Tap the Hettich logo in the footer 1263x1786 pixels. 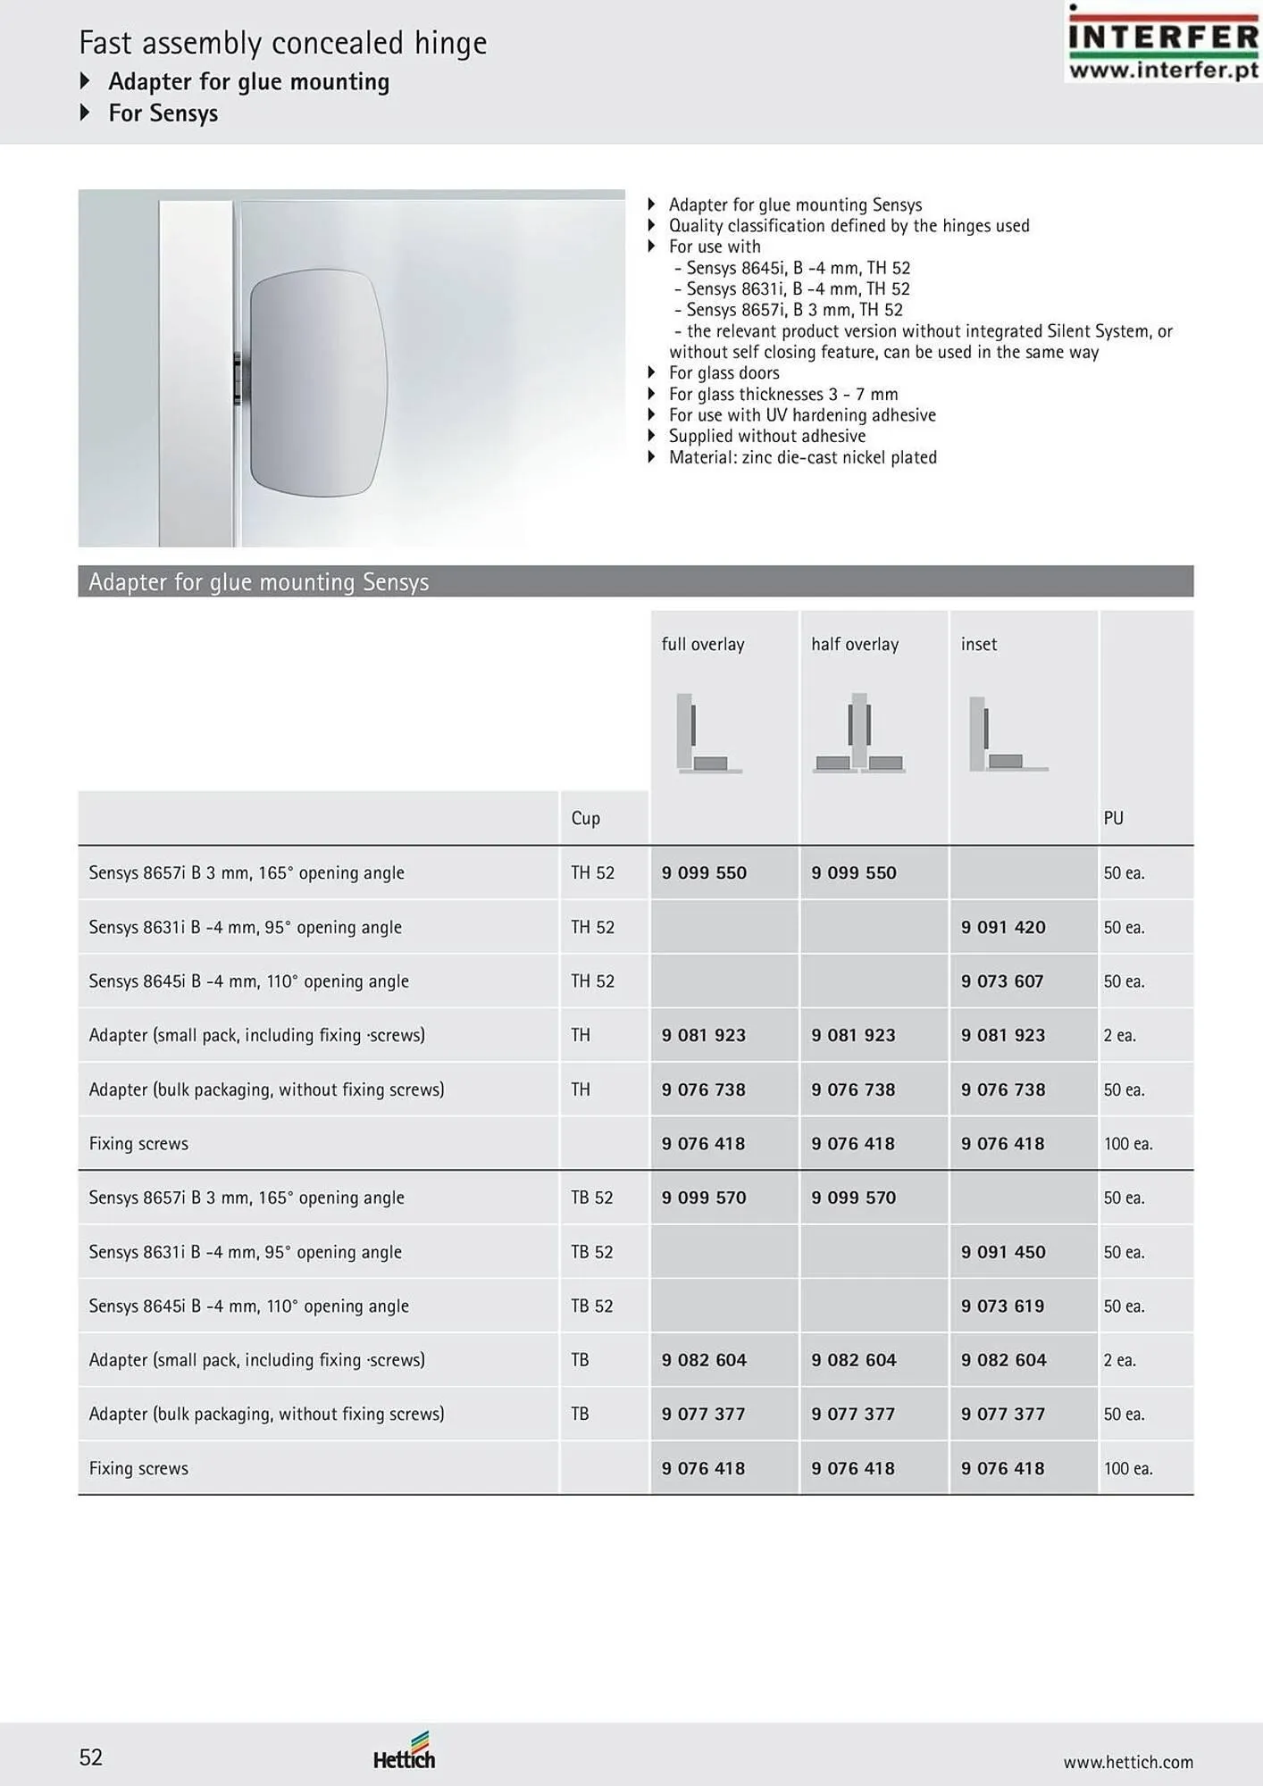coord(404,1752)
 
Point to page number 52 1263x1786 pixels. coord(91,1757)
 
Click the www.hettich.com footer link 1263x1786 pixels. coord(1127,1762)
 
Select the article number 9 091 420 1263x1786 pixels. coord(1003,927)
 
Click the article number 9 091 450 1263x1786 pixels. coord(1003,1252)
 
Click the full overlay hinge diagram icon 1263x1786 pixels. coord(708,733)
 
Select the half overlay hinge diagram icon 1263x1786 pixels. coord(858,733)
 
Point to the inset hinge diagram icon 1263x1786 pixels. coord(1007,734)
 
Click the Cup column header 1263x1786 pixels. coord(586,818)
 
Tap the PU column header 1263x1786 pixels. coord(1113,818)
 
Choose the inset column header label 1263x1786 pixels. coord(979,644)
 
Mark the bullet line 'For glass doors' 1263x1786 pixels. coord(724,373)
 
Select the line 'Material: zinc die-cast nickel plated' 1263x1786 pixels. coord(802,457)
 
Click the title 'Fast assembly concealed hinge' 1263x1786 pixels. coord(283,43)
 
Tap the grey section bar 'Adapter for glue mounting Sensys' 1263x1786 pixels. coord(635,581)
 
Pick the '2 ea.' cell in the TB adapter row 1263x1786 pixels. coord(1119,1360)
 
